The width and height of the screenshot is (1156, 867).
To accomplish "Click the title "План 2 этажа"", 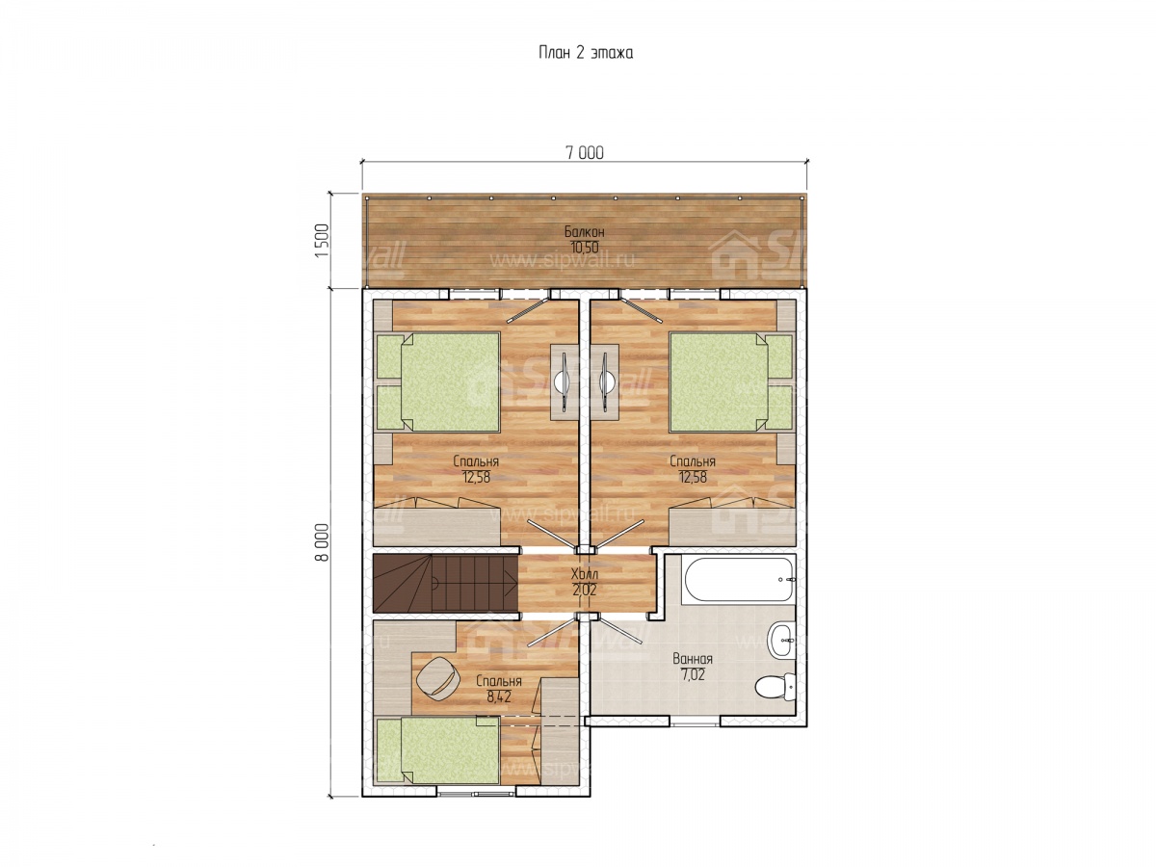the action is tap(585, 53).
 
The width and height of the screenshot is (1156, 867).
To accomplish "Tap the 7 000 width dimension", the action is tap(584, 152).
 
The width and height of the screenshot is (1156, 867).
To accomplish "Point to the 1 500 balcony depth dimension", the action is tap(321, 241).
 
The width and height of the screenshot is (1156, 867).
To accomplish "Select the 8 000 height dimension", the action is tap(321, 542).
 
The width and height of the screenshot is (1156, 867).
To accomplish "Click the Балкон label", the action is tap(584, 231).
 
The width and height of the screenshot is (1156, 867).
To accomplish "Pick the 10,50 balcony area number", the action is tap(584, 247).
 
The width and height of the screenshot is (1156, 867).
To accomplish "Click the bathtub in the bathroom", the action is tap(737, 580).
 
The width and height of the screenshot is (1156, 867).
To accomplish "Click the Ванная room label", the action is tap(692, 659).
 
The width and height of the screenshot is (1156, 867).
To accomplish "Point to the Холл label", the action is tap(584, 574).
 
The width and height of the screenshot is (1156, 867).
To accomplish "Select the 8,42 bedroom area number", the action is tap(499, 697).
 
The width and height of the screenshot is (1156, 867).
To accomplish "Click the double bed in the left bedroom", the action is tap(437, 381).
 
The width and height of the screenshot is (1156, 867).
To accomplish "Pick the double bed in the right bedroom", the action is tap(731, 381).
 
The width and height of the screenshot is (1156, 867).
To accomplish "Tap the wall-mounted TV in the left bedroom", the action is tap(565, 381).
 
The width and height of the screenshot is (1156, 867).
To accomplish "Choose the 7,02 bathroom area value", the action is tap(692, 674).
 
